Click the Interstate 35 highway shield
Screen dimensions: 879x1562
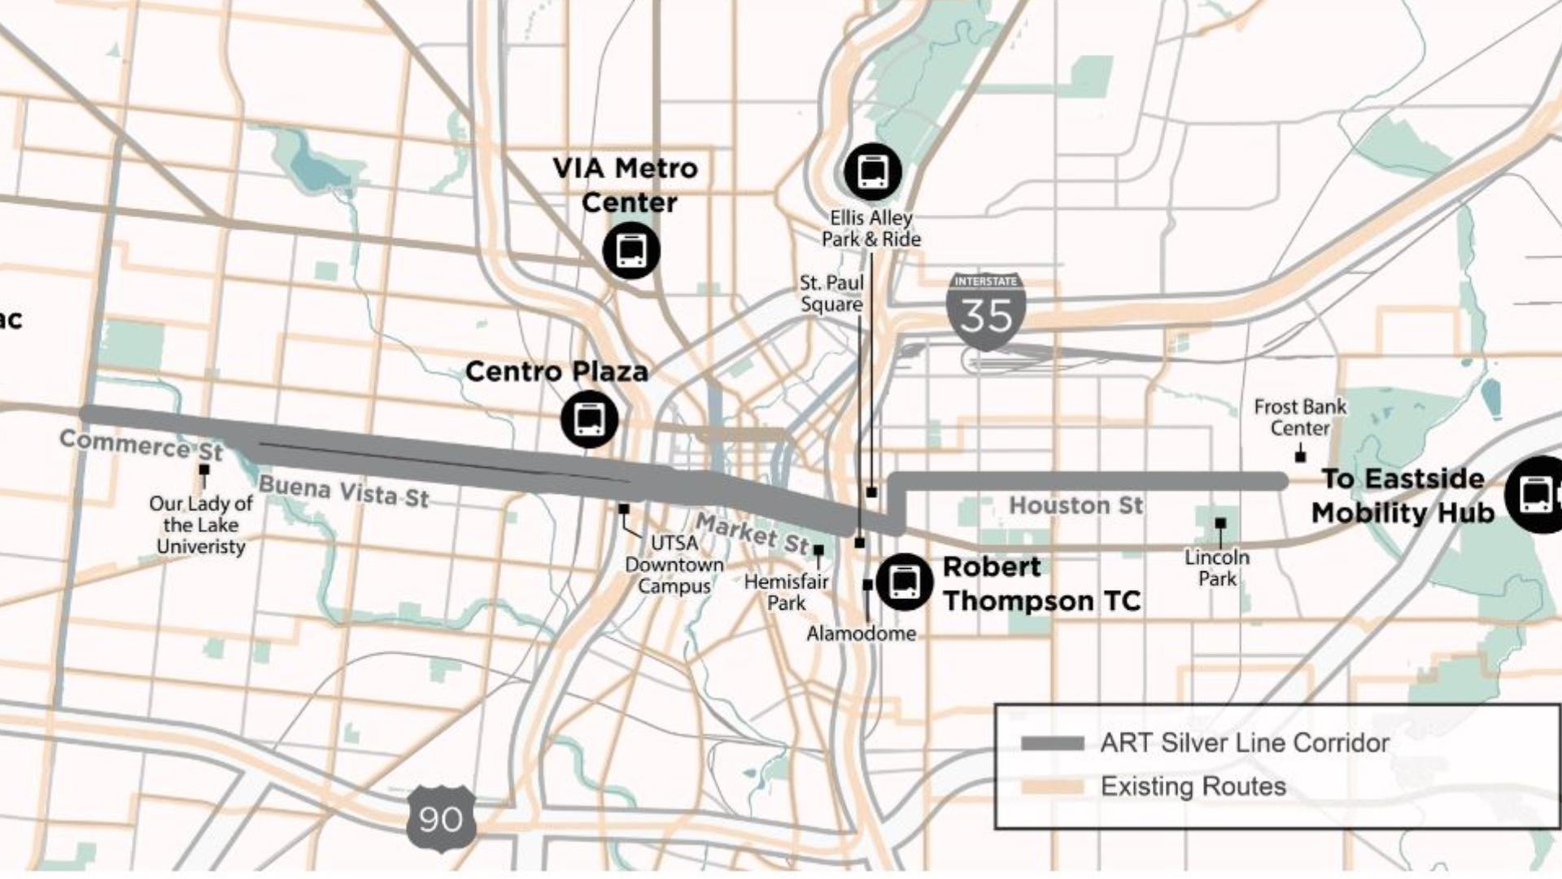click(x=986, y=311)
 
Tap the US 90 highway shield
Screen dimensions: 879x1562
click(x=440, y=818)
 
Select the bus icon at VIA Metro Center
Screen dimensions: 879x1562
click(x=631, y=250)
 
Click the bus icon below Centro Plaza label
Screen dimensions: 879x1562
click(x=589, y=419)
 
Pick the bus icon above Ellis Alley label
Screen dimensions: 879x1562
click(x=873, y=172)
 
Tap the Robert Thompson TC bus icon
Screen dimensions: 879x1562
click(x=904, y=582)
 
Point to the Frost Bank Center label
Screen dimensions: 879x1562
click(x=1299, y=418)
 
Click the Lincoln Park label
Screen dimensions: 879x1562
click(x=1217, y=568)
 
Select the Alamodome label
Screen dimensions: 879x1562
click(x=861, y=633)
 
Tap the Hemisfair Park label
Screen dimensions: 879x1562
click(x=786, y=593)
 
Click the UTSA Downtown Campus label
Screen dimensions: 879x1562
click(x=674, y=564)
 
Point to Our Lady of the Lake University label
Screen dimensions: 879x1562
click(x=201, y=525)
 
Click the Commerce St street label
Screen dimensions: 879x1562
click(x=141, y=445)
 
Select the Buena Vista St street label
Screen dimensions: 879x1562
click(x=343, y=492)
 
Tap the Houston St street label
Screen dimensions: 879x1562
click(x=1076, y=505)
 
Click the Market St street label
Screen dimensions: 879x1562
click(x=753, y=533)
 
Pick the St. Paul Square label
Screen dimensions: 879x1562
click(x=831, y=293)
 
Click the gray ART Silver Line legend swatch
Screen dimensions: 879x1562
click(x=1053, y=743)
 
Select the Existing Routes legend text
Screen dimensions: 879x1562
click(x=1193, y=786)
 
